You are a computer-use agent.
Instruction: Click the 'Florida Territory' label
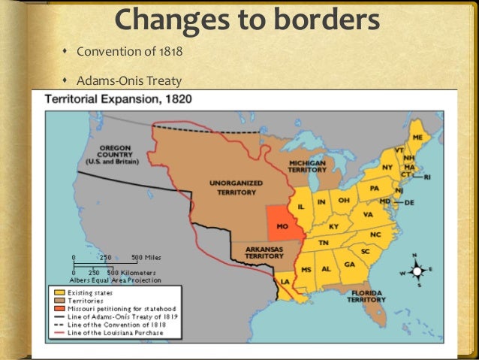pyautogui.click(x=366, y=295)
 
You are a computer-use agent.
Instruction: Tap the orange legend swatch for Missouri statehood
pyautogui.click(x=57, y=307)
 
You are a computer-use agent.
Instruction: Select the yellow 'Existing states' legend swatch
pyautogui.click(x=57, y=292)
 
